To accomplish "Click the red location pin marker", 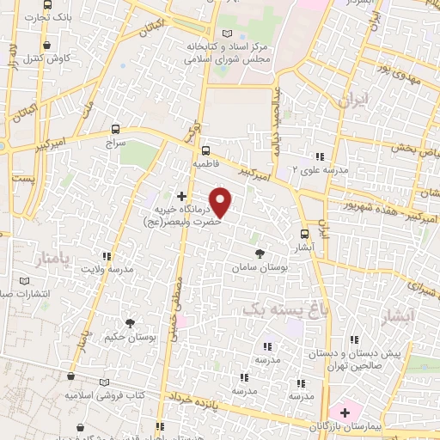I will point(222,202).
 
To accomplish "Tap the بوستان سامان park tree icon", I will point(260,254).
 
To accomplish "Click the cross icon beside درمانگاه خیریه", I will point(180,197).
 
